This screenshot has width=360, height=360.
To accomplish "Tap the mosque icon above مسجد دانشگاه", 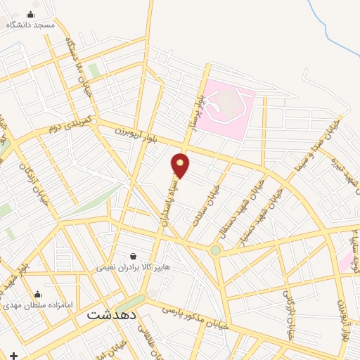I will (x=30, y=15).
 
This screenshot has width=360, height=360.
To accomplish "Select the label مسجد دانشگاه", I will (x=30, y=25).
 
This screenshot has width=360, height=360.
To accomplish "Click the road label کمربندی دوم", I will (x=70, y=127).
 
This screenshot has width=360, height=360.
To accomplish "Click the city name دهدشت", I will (x=111, y=315).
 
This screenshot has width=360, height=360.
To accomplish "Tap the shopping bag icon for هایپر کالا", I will (x=133, y=257).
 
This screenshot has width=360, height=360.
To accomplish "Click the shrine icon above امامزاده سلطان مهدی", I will (x=38, y=295).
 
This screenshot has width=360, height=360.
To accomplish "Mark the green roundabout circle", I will (x=216, y=250).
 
